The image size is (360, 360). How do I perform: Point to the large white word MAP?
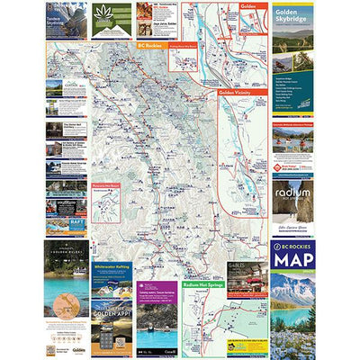tap(293, 260)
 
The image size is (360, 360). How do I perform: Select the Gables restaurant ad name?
tap(243, 268)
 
